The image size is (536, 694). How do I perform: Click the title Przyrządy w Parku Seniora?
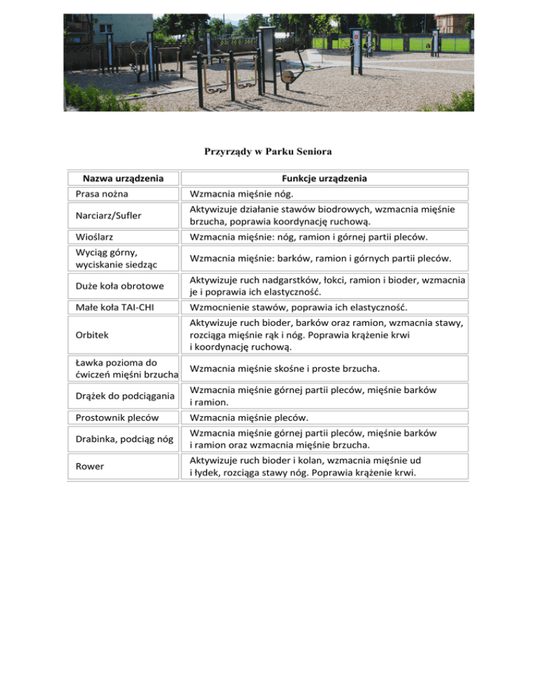click(267, 152)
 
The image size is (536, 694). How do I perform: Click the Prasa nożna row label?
click(101, 194)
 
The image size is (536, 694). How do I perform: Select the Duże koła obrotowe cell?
click(116, 286)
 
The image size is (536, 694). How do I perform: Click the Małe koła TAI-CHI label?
click(112, 308)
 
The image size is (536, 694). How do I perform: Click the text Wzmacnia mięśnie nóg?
click(237, 194)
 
